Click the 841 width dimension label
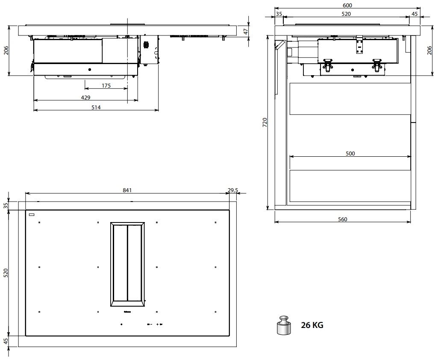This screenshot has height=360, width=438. [x=127, y=190]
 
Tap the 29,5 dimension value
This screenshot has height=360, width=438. [x=233, y=190]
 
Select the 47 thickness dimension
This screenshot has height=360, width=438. [x=246, y=32]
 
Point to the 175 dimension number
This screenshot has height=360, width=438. [x=106, y=86]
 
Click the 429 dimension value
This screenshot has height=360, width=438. [x=86, y=97]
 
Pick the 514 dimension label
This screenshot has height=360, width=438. [x=96, y=108]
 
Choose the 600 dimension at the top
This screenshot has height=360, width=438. [x=347, y=5]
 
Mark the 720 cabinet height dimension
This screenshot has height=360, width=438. [x=265, y=123]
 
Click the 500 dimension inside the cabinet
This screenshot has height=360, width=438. [x=350, y=153]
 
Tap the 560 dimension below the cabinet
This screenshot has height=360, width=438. [x=343, y=220]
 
